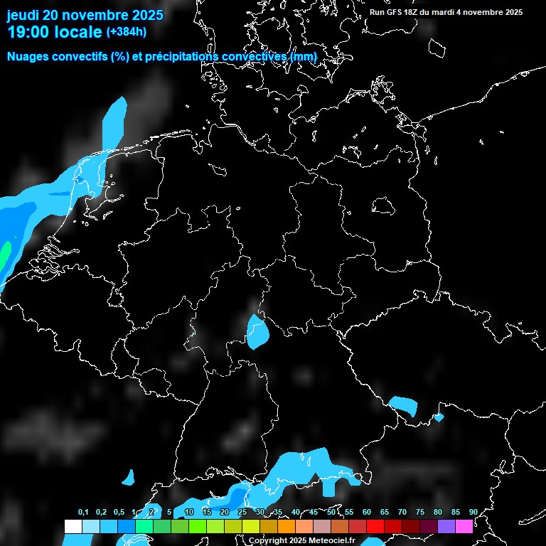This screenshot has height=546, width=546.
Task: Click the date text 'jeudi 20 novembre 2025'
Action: (x=85, y=15)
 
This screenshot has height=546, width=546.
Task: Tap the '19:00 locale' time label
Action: (x=54, y=32)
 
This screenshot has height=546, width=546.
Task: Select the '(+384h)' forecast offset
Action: (x=126, y=32)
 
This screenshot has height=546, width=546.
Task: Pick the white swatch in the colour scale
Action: (x=73, y=527)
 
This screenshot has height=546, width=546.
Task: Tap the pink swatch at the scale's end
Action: (x=464, y=527)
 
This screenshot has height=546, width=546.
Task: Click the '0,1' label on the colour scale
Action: (x=82, y=513)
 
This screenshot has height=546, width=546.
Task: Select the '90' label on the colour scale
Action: (x=473, y=513)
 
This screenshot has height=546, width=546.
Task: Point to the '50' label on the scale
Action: (x=331, y=513)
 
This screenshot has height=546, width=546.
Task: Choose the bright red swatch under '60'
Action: (x=375, y=527)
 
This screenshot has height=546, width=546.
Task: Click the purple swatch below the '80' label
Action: (x=446, y=527)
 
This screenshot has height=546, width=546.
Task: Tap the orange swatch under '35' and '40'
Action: (x=287, y=527)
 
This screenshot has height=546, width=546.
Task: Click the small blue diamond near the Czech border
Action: (x=439, y=417)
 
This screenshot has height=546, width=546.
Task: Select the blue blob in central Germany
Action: (x=257, y=331)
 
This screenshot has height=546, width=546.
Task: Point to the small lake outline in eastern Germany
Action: (x=384, y=205)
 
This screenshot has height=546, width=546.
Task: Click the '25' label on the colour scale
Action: (x=242, y=513)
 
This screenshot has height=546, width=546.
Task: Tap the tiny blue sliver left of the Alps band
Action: (x=129, y=478)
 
